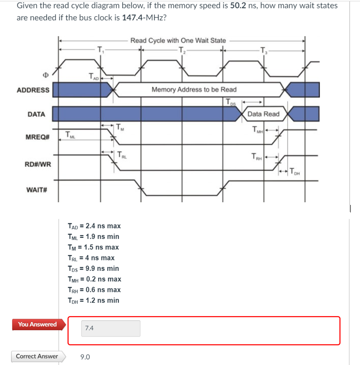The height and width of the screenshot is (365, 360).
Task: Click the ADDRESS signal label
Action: coord(33,90)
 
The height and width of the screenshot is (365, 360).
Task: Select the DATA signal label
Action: coord(36,114)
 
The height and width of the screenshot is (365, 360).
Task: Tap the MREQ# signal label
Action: coord(38,138)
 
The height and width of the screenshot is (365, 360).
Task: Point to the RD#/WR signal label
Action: coord(37,164)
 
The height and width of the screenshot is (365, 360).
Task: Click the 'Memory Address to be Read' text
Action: coord(194,89)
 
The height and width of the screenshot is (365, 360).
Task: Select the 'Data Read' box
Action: coord(263,114)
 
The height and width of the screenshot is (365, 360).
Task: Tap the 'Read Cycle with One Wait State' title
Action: coord(178,40)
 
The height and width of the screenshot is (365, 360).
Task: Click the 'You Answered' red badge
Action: coord(37,325)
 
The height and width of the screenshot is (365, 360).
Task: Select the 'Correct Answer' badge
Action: coord(37,356)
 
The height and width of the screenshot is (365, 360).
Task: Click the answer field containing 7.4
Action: coord(110,328)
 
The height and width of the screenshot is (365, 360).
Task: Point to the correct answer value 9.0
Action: coord(86,357)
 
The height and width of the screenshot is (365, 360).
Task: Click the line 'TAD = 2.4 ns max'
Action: coord(94,226)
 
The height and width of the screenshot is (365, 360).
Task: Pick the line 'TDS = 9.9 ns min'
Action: coord(93,268)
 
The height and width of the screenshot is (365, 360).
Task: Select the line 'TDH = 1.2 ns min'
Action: coord(93,300)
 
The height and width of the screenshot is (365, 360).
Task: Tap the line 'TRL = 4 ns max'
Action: coord(91,258)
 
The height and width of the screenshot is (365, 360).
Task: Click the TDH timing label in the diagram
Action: coord(294,172)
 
